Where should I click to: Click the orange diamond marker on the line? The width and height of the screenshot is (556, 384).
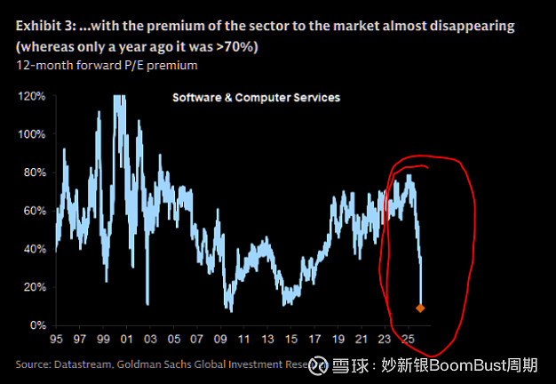(x=421, y=308)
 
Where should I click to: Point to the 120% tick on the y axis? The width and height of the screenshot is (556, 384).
(x=33, y=96)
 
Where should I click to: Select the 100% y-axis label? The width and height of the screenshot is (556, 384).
(x=33, y=134)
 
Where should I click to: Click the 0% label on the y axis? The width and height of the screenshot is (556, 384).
(x=38, y=325)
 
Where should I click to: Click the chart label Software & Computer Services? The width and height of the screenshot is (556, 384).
(x=256, y=97)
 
